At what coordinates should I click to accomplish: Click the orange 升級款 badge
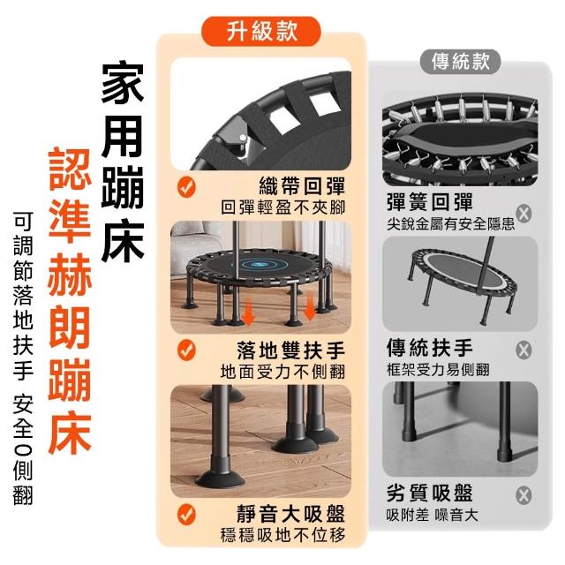(x=261, y=31)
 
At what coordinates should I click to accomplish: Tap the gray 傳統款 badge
(x=461, y=62)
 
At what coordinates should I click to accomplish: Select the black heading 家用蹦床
(x=123, y=162)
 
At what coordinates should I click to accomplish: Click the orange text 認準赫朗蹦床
(x=70, y=302)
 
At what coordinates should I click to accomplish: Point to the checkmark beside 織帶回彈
(x=186, y=187)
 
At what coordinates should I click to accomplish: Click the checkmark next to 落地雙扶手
(x=186, y=350)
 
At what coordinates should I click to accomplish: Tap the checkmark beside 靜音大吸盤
(x=186, y=514)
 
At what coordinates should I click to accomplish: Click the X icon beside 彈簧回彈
(x=524, y=214)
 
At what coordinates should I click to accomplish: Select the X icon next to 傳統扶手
(x=524, y=350)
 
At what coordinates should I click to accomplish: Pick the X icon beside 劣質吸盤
(x=524, y=495)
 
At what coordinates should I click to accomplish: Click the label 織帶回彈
(x=302, y=186)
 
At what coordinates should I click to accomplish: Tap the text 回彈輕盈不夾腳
(x=282, y=207)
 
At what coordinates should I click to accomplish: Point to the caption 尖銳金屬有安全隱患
(x=451, y=224)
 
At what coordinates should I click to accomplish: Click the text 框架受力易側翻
(x=438, y=369)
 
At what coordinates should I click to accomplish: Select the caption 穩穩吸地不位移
(x=282, y=535)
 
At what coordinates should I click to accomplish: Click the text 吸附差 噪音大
(x=433, y=515)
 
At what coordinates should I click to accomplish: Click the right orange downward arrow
(x=310, y=306)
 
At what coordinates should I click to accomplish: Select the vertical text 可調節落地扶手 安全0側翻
(x=23, y=358)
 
